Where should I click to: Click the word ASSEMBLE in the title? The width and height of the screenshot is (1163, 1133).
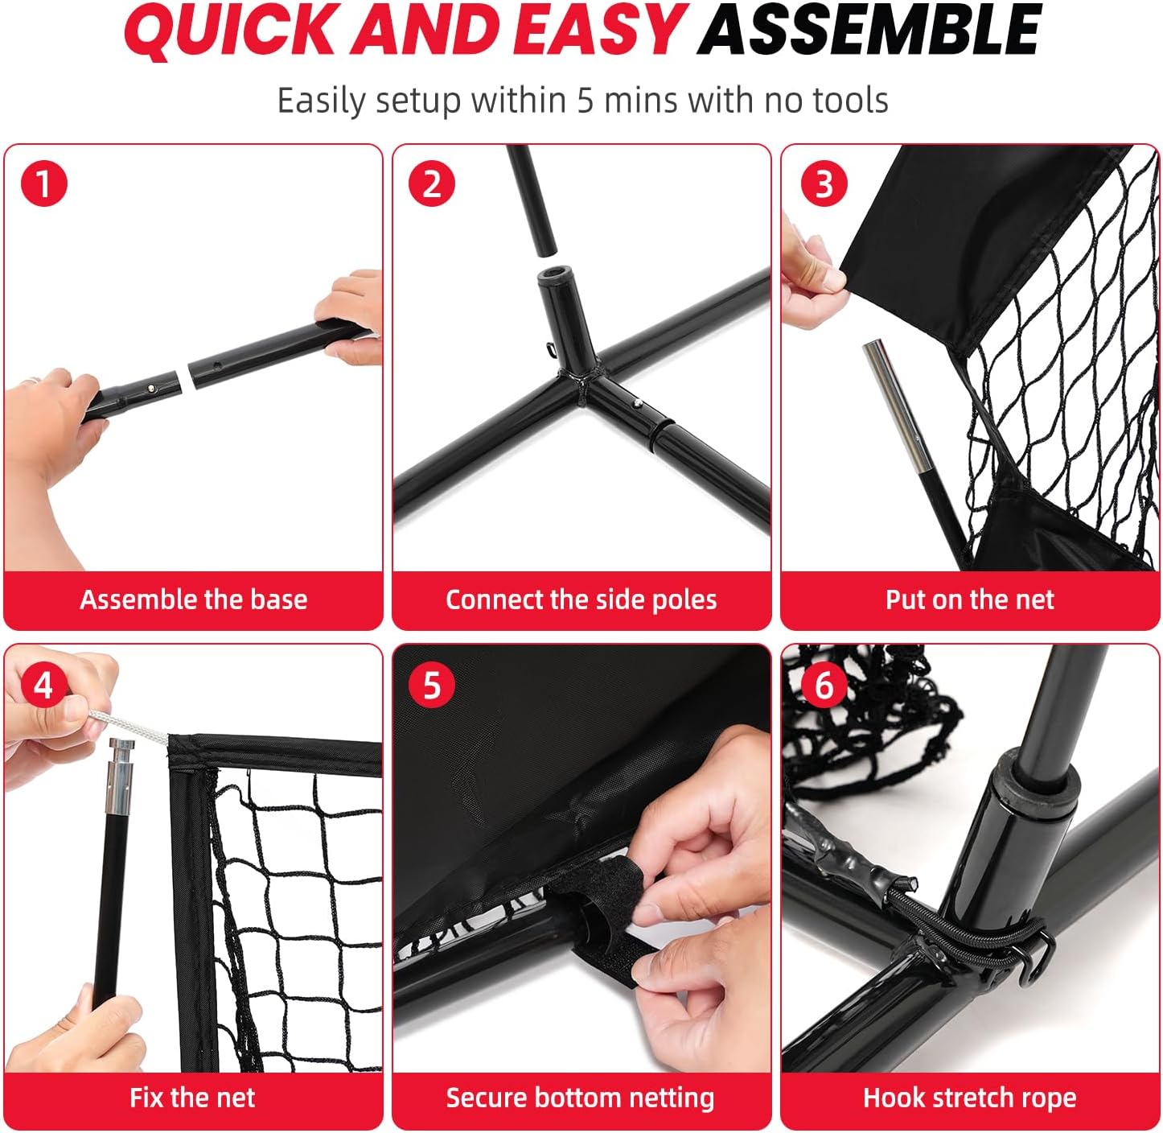tap(869, 31)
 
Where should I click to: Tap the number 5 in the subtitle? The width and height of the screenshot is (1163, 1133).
tap(585, 101)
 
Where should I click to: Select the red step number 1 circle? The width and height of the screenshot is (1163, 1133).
tap(43, 183)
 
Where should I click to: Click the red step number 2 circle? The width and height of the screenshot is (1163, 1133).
tap(432, 183)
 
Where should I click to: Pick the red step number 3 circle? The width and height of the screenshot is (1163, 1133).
tap(824, 183)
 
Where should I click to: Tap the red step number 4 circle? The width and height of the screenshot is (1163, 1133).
tap(43, 685)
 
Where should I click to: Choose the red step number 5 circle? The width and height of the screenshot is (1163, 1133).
tap(432, 685)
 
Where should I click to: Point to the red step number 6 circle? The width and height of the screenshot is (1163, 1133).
tap(824, 685)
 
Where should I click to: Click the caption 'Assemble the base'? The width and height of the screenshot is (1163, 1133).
tap(193, 599)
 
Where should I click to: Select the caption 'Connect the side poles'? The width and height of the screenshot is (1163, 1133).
tap(581, 599)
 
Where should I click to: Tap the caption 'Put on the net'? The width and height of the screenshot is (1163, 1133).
tap(969, 599)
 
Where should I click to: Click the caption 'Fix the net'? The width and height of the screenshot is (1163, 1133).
tap(192, 1098)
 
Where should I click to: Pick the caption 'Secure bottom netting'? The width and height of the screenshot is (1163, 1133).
tap(580, 1098)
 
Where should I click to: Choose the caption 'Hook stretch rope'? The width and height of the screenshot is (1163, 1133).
tap(969, 1098)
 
